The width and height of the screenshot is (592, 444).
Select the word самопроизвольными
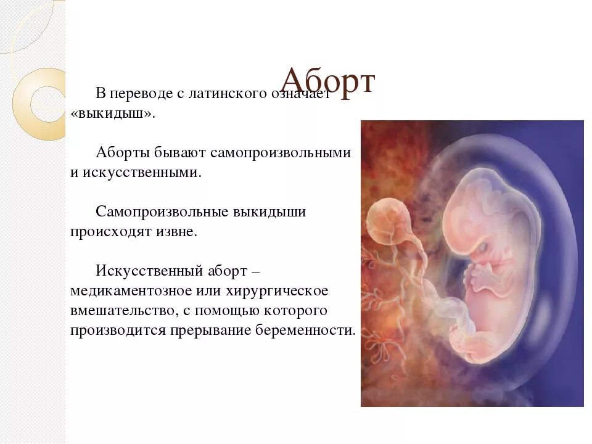pyautogui.click(x=280, y=152)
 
